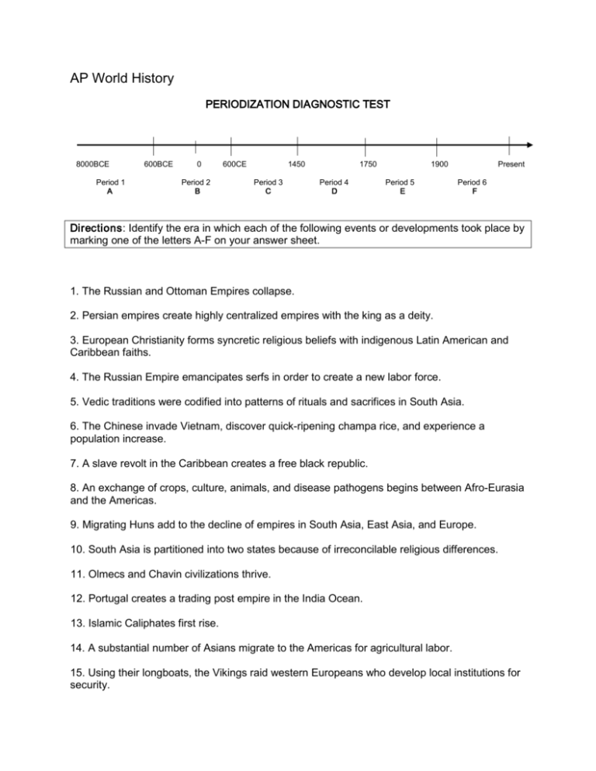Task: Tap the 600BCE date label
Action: pyautogui.click(x=158, y=164)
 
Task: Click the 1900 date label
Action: pyautogui.click(x=438, y=164)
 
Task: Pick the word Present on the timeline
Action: pyautogui.click(x=511, y=164)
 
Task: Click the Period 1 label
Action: pyautogui.click(x=111, y=182)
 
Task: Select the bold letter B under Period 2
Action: pyautogui.click(x=196, y=191)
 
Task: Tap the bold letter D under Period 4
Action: pyautogui.click(x=334, y=191)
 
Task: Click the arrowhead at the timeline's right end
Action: pyautogui.click(x=528, y=144)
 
